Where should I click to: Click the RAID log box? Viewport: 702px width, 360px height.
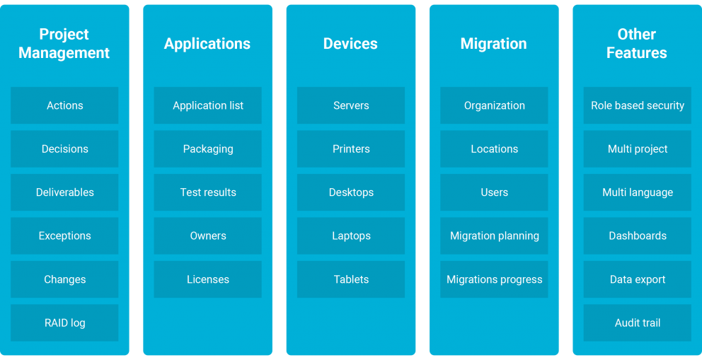64,323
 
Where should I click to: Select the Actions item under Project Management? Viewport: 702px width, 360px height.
64,105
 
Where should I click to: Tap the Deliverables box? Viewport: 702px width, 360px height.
64,192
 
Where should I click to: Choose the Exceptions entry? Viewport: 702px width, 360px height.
64,236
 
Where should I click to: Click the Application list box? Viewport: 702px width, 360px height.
208,105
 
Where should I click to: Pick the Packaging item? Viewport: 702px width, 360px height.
208,149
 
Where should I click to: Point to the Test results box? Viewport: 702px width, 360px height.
208,192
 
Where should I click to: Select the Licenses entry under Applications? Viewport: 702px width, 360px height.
208,279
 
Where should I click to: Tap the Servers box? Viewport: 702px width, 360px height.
351,105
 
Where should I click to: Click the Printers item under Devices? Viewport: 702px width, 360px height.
351,149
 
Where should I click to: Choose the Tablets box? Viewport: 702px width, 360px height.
351,279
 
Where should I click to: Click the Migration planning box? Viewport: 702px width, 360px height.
494,236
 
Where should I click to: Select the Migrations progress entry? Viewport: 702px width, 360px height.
494,279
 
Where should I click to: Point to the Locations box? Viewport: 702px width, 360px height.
494,149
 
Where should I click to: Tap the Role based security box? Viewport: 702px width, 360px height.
638,105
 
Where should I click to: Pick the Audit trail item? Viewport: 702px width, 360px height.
638,323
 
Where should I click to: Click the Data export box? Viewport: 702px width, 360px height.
638,279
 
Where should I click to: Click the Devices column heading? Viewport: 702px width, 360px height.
350,43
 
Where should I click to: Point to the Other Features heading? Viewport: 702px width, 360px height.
637,43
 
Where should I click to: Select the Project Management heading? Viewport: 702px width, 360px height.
64,43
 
